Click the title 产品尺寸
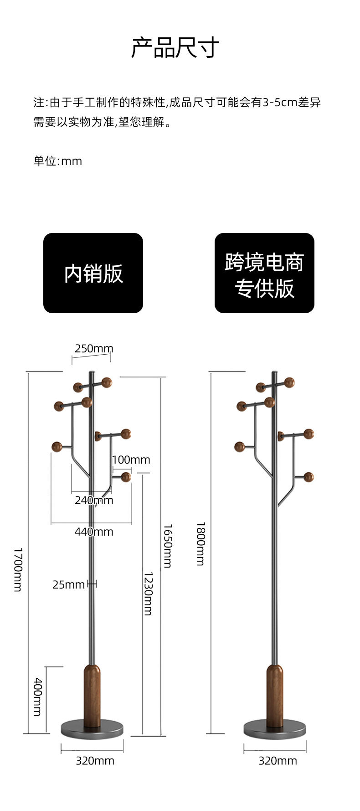(x=175, y=48)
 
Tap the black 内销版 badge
(x=93, y=273)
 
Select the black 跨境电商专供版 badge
(x=264, y=273)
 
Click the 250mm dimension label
(x=94, y=349)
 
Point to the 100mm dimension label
(x=131, y=460)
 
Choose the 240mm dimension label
(x=94, y=500)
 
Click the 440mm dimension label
(x=94, y=532)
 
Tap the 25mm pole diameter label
(x=68, y=584)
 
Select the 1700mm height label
(x=18, y=569)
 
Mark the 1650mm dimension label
(x=168, y=546)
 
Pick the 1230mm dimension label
(x=148, y=594)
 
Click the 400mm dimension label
(x=38, y=697)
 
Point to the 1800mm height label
(x=201, y=543)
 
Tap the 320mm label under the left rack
(x=95, y=760)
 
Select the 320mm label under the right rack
(x=278, y=760)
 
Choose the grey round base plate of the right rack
(x=275, y=730)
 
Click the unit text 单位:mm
(x=58, y=161)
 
